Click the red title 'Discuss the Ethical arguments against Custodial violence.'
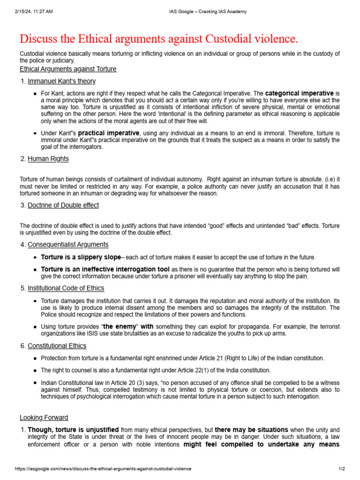point(158,38)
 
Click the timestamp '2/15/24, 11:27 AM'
point(34,12)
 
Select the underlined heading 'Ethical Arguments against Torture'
point(68,69)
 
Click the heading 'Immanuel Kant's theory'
point(61,81)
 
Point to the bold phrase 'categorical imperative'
point(299,93)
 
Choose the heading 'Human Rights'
point(48,159)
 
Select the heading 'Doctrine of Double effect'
point(63,205)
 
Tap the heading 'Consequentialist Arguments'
point(68,244)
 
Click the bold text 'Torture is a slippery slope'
point(81,257)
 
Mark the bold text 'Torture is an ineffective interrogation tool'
point(105,270)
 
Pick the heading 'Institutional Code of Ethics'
point(66,288)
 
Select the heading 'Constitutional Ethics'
point(57,346)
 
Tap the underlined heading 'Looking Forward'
point(44,418)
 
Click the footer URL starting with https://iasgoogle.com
point(103,469)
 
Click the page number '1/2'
point(342,469)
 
